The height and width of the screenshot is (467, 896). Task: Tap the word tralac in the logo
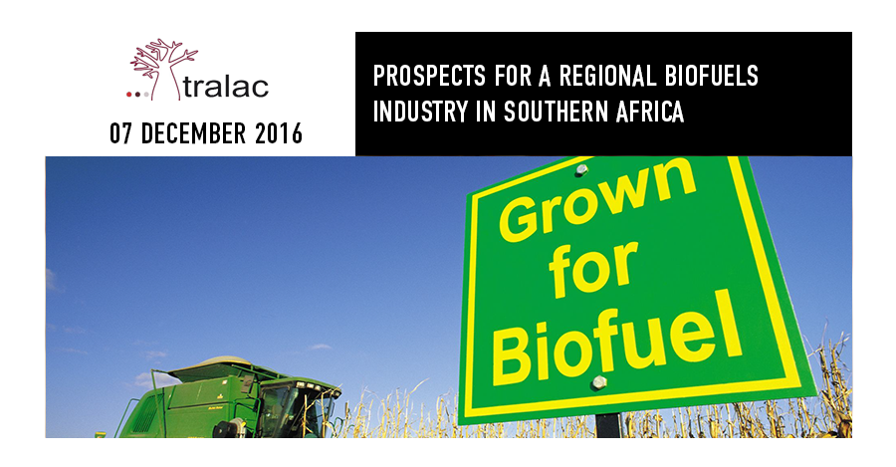click(x=226, y=88)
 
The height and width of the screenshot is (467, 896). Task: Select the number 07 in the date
click(x=121, y=133)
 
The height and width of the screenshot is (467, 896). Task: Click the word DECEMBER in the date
click(x=194, y=133)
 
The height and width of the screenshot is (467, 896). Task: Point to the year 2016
click(x=279, y=133)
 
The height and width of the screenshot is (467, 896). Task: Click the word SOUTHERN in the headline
click(x=556, y=112)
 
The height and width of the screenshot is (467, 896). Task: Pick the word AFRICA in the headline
click(x=650, y=112)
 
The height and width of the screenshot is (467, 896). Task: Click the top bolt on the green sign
click(x=581, y=169)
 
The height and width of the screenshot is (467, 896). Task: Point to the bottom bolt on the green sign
click(x=598, y=382)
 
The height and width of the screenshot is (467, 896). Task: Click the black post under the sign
click(x=608, y=425)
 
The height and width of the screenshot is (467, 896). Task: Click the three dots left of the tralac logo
click(x=137, y=95)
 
